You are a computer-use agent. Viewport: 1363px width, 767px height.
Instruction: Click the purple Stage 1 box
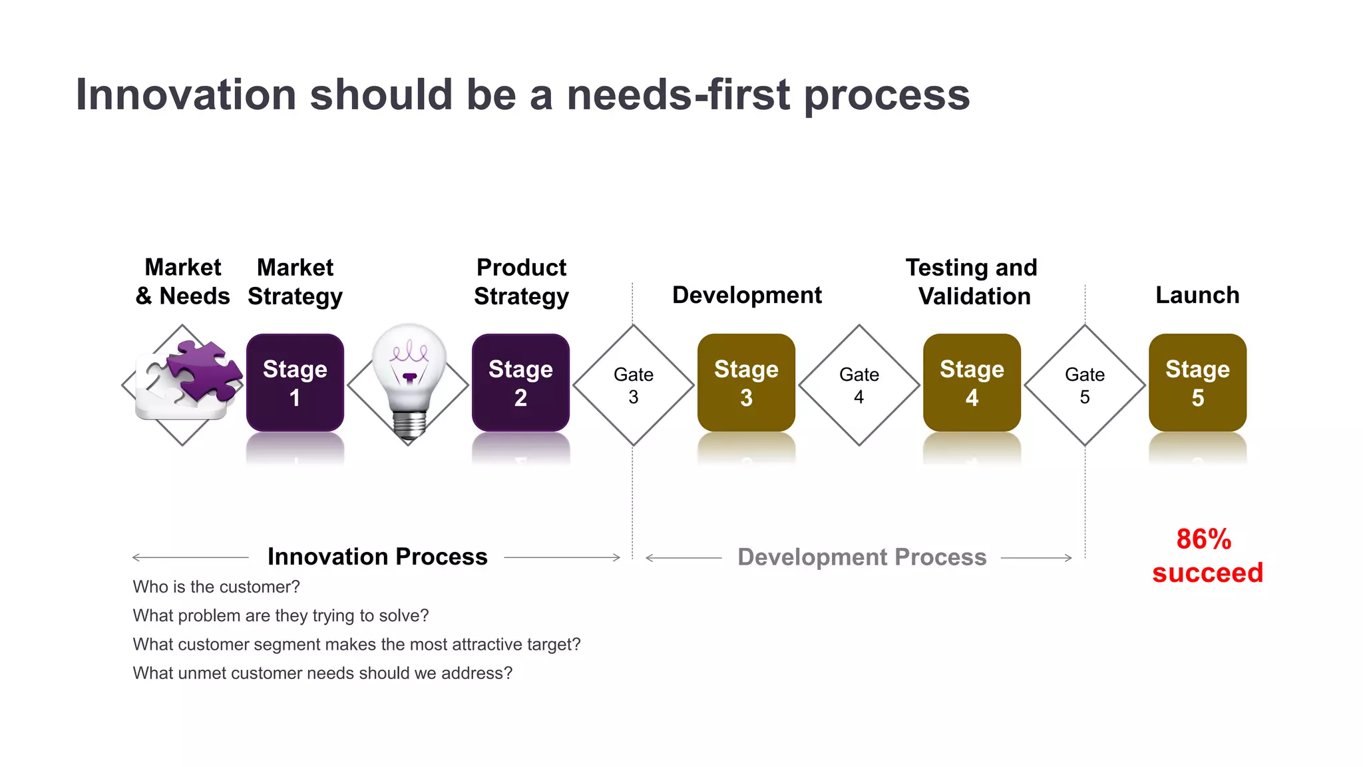(x=295, y=383)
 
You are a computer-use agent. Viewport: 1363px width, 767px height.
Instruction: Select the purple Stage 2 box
(x=520, y=383)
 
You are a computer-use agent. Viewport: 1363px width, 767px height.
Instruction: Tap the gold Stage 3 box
(x=746, y=383)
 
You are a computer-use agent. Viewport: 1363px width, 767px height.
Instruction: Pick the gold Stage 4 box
(x=972, y=383)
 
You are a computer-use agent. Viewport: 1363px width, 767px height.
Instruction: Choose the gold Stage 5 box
(x=1197, y=383)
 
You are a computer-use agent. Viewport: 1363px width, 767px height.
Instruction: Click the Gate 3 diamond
(x=634, y=385)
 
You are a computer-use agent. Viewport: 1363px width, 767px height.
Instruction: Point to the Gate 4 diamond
(x=859, y=385)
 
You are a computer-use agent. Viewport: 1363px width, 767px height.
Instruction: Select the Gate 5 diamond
(x=1085, y=385)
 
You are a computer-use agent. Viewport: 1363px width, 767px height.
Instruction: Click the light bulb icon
(x=409, y=380)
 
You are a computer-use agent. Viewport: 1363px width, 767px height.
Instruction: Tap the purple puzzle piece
(x=205, y=370)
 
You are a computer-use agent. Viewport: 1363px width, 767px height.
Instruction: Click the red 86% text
(x=1203, y=539)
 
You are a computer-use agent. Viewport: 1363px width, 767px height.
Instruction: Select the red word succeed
(x=1207, y=573)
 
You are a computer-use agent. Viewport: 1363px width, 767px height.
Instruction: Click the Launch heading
(x=1197, y=295)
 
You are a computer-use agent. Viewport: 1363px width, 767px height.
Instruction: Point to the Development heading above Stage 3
(x=747, y=295)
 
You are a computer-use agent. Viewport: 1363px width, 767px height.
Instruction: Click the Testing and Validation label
(x=972, y=282)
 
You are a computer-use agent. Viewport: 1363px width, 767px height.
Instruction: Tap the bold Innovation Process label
(x=377, y=557)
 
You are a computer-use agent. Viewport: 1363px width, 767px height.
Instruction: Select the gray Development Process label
(x=862, y=557)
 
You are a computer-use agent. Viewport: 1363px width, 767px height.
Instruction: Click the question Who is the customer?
(x=216, y=587)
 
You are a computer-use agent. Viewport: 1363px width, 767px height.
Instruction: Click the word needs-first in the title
(x=679, y=95)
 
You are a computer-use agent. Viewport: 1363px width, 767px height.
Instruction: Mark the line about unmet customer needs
(x=323, y=673)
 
